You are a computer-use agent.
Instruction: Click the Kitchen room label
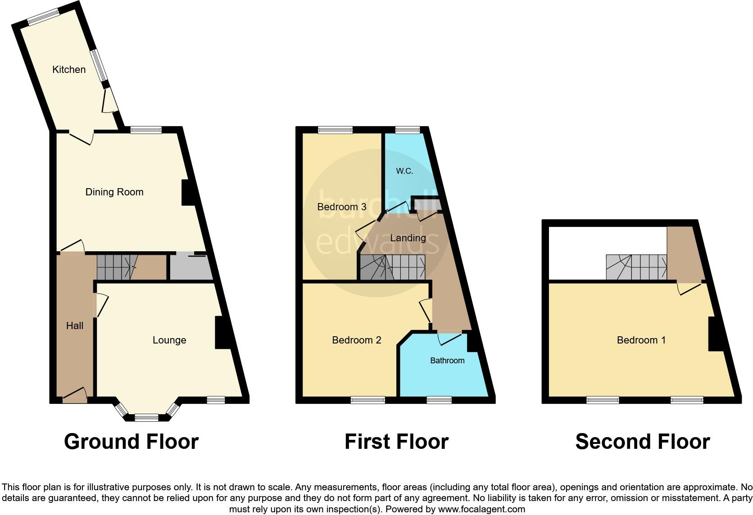pos(69,69)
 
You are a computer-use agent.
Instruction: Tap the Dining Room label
pos(114,192)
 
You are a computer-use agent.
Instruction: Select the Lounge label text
pos(169,340)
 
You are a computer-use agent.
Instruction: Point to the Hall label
pos(75,325)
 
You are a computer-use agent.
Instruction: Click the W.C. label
pos(404,171)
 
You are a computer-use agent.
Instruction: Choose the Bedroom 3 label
pos(342,207)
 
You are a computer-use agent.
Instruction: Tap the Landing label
pos(408,238)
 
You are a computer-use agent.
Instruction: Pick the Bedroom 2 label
pos(357,340)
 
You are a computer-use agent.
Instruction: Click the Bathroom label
pos(447,361)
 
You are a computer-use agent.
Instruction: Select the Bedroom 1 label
pos(641,340)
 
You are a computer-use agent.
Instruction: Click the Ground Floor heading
pos(132,442)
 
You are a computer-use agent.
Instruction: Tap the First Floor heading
pos(396,442)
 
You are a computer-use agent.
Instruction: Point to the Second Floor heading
pos(643,442)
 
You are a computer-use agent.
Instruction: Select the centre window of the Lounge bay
pos(147,418)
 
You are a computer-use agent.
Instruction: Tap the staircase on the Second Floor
pos(636,267)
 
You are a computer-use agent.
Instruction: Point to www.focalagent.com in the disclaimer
pos(481,509)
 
